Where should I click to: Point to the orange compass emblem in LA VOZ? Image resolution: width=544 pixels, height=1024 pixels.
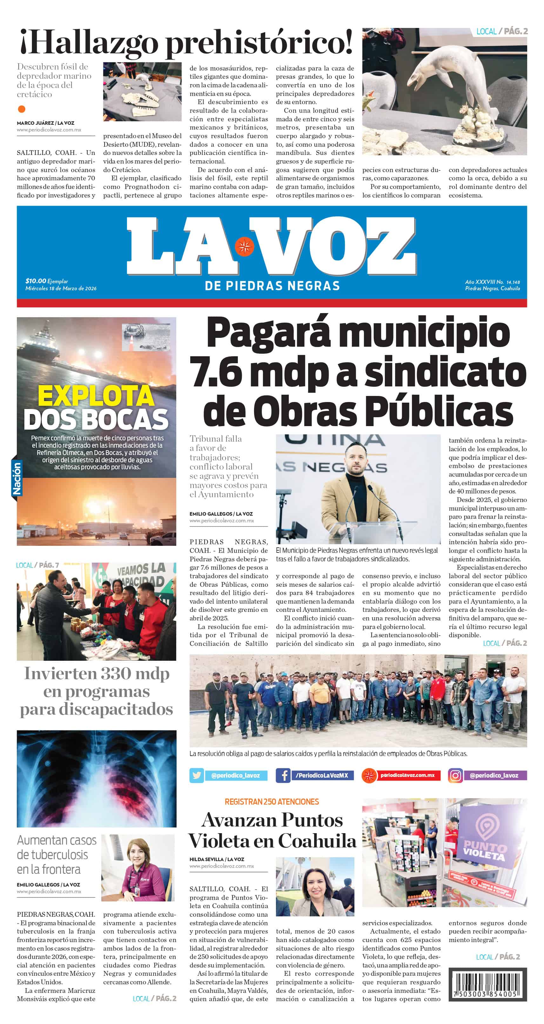tap(244, 246)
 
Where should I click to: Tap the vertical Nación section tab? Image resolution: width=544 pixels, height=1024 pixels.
tap(16, 478)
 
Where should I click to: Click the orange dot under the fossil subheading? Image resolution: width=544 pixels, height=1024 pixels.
tap(22, 109)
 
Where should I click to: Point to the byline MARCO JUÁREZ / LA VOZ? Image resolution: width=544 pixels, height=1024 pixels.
tap(45, 123)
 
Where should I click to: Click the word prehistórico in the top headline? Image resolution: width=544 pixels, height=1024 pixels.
tap(259, 43)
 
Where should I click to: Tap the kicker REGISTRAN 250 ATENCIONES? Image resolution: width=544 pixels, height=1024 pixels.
tap(272, 802)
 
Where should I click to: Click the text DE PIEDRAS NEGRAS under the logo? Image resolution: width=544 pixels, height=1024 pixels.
tap(272, 285)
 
